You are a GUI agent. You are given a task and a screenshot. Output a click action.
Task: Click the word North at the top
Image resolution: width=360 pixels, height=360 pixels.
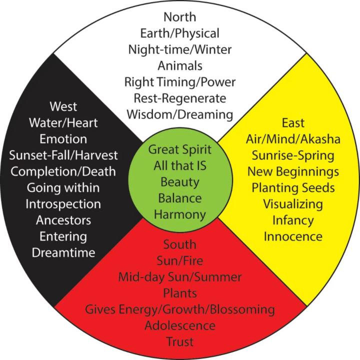179,17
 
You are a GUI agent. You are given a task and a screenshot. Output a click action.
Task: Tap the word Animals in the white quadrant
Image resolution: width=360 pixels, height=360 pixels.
179,66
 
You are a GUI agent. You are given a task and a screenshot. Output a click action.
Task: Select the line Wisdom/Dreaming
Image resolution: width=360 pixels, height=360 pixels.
179,114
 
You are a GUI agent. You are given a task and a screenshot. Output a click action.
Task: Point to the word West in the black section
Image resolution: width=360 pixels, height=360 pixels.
63,106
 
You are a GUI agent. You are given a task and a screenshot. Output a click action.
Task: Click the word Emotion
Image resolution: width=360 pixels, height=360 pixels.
63,139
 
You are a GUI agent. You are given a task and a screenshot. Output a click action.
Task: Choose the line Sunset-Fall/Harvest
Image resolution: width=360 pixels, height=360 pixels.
63,155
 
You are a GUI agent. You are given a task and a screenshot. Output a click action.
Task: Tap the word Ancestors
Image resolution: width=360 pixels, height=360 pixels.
63,220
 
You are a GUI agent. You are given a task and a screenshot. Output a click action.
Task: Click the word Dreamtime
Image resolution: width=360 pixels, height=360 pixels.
63,252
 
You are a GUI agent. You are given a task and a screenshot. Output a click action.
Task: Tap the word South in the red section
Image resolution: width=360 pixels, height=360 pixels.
179,244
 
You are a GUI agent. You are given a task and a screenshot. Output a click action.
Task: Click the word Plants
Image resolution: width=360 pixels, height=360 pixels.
179,293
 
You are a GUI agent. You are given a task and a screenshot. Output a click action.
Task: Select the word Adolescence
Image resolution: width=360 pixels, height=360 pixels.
179,325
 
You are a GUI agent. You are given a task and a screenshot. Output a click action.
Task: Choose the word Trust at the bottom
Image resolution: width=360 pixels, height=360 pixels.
179,342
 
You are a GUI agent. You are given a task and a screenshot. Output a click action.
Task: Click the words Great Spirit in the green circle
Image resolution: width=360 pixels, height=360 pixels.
180,149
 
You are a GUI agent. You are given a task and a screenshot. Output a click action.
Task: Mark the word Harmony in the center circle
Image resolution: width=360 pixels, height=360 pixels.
180,215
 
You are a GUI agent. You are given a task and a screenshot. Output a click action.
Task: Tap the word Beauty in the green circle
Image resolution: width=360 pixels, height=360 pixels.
180,182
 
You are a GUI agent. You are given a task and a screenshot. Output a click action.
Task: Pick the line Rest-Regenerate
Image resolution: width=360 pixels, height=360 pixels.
179,98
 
